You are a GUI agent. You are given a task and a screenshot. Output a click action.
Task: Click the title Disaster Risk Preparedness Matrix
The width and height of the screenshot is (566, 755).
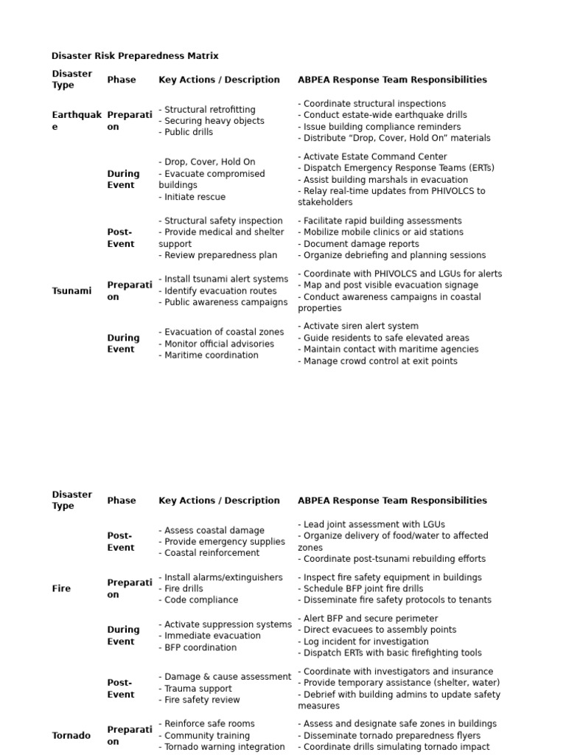pos(135,56)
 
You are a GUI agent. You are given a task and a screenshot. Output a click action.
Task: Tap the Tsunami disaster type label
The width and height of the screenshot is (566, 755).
pos(71,290)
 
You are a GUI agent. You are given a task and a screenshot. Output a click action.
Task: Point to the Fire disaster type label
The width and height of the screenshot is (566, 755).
pos(61,589)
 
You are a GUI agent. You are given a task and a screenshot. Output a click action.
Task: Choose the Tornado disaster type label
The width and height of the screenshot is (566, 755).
pos(71,735)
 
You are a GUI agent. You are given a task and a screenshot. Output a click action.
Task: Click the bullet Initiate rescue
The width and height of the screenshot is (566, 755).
pos(192,197)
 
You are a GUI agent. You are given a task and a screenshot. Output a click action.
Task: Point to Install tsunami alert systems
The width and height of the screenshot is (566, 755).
pos(223,279)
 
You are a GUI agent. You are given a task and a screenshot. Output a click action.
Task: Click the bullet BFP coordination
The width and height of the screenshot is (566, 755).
pos(198,647)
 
